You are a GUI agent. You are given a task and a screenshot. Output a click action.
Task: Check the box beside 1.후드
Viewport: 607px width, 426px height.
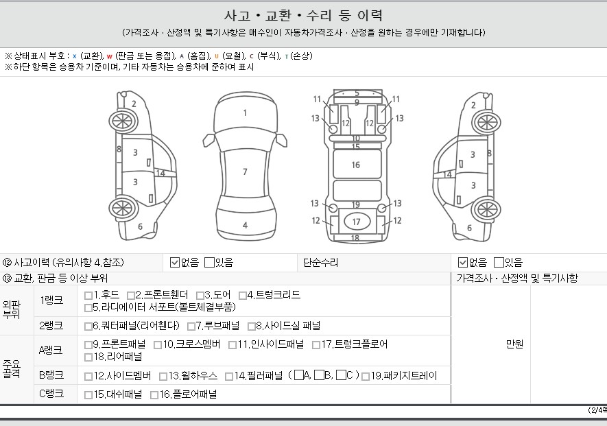(x=88, y=296)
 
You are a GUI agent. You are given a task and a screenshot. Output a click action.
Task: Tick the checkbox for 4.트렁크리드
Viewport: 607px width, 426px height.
(x=242, y=296)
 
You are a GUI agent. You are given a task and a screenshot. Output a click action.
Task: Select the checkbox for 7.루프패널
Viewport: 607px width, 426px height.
(x=191, y=327)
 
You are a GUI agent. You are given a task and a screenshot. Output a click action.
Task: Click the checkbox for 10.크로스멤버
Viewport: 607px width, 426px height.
(x=158, y=345)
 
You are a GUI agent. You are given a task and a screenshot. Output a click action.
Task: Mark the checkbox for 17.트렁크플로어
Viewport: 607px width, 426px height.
(x=316, y=345)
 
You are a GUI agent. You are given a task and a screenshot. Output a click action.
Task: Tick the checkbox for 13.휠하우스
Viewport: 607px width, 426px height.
(x=163, y=377)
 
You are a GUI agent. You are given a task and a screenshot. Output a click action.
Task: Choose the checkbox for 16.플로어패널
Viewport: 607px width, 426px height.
(x=154, y=395)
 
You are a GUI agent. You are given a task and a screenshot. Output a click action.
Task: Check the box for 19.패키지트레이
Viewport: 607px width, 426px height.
(x=365, y=377)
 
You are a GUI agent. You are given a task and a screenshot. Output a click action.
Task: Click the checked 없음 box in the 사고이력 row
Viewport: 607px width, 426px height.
(x=175, y=263)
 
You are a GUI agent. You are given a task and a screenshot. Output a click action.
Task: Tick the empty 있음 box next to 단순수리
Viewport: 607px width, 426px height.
(x=499, y=263)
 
